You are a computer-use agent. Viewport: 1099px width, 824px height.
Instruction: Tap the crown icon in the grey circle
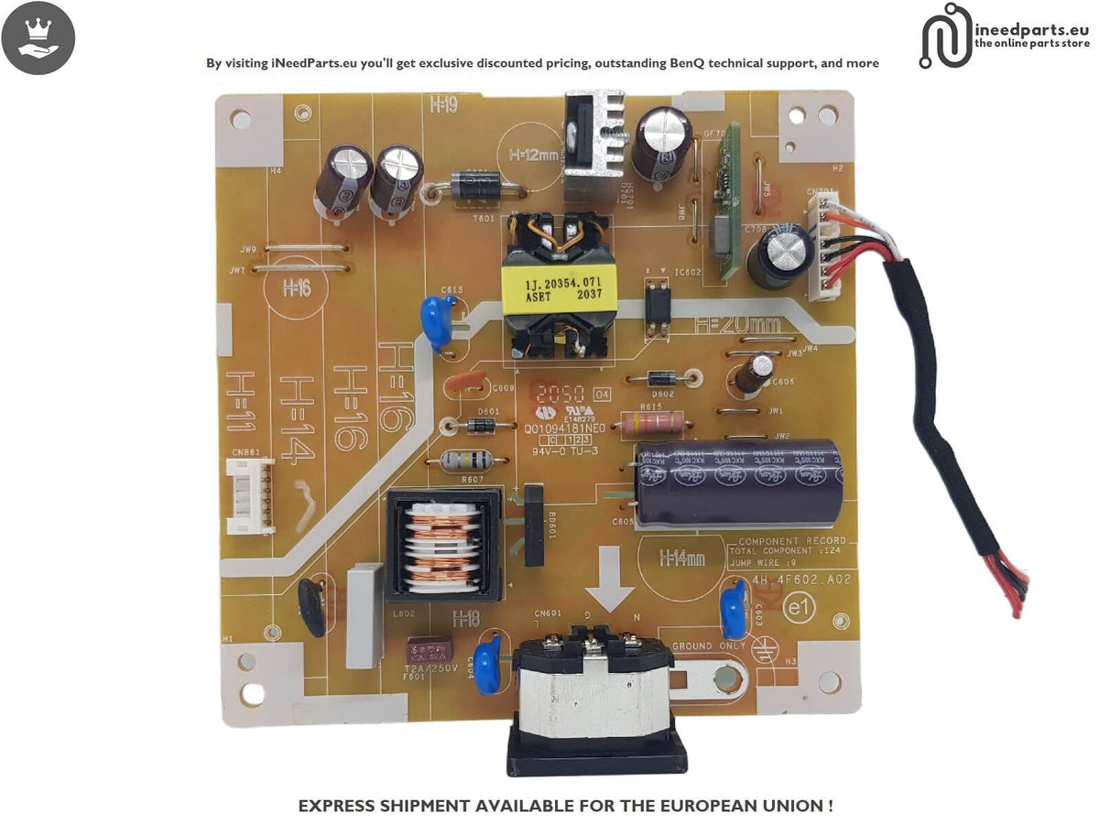coord(38,38)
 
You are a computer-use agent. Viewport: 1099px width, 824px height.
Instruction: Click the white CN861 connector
coord(250,495)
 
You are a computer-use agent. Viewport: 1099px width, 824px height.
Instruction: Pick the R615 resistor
coord(652,423)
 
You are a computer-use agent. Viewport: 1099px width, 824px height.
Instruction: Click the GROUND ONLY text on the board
coord(709,646)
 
